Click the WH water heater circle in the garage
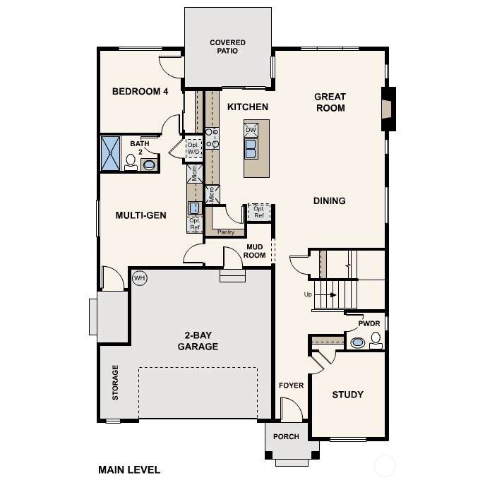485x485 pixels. point(140,277)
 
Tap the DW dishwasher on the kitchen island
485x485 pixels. point(251,130)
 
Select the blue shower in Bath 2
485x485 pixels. point(110,153)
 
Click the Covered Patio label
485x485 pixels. point(227,47)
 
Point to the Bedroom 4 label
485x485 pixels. point(140,91)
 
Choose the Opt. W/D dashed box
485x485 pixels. point(194,148)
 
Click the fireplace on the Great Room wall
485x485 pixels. point(388,109)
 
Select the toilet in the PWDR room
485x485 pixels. point(376,340)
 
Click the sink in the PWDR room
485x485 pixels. point(357,342)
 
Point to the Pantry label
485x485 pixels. point(226,232)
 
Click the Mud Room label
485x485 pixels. point(255,251)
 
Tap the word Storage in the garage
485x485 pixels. point(115,383)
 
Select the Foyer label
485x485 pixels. point(292,385)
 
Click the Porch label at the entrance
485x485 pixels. point(286,436)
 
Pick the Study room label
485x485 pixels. point(347,395)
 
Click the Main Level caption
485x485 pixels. point(129,470)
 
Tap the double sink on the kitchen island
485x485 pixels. point(251,149)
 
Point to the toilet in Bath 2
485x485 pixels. point(131,162)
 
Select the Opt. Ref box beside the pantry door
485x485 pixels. point(259,212)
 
